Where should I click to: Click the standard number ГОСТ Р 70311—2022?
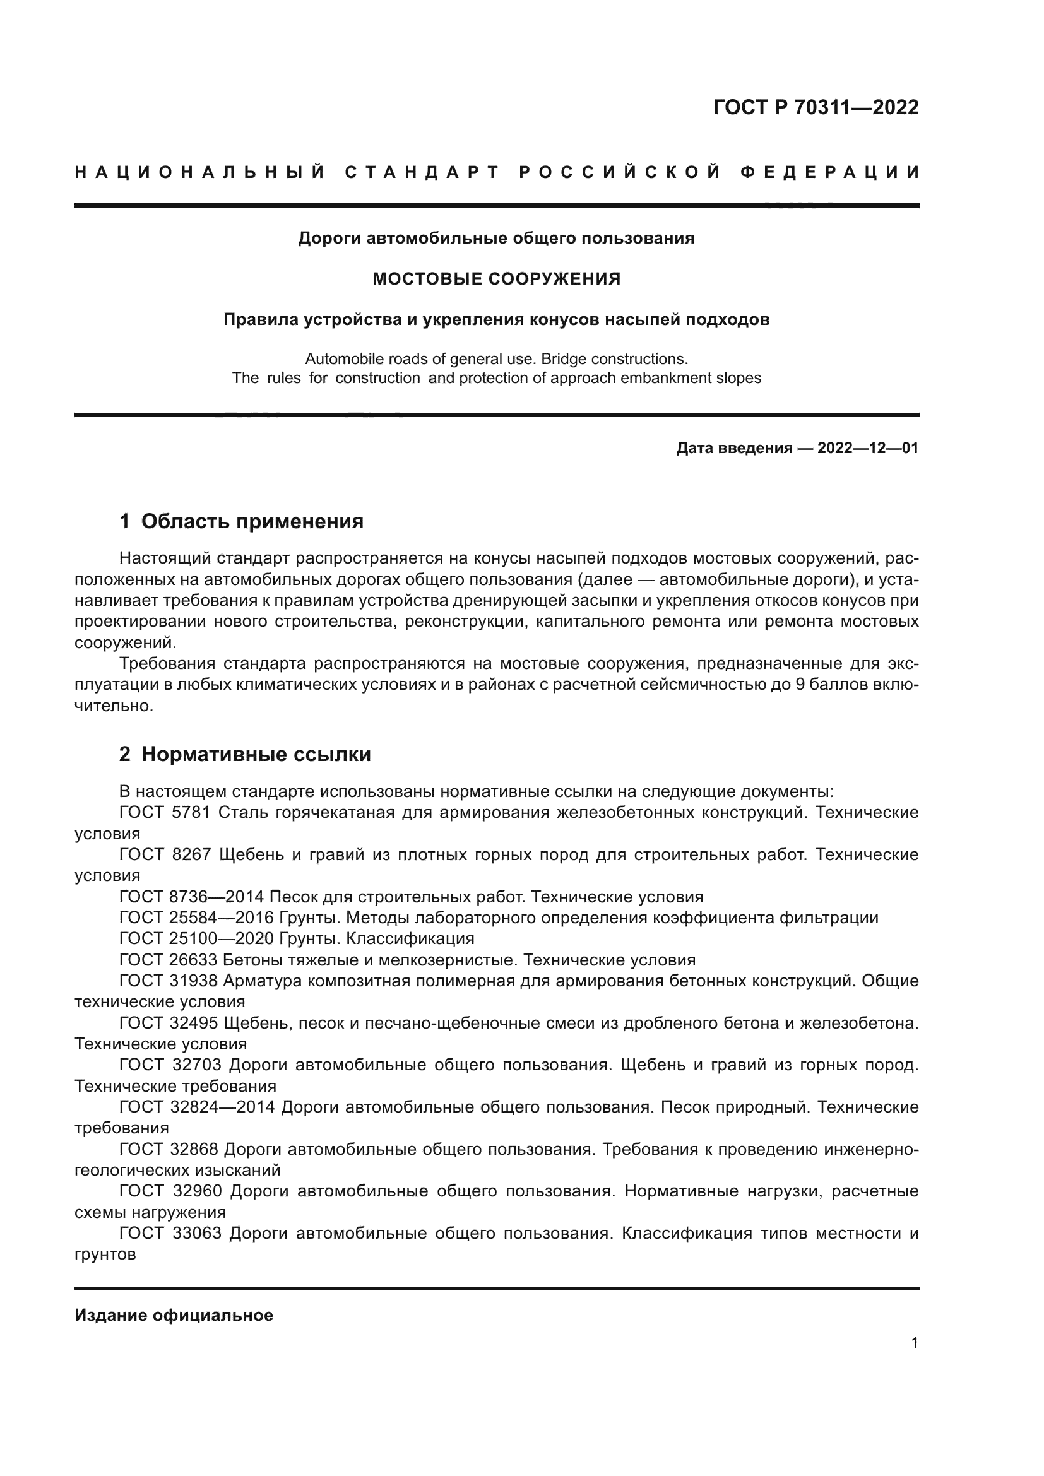(815, 107)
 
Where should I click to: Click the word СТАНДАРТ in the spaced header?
(422, 172)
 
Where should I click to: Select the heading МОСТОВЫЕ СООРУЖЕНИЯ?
(496, 279)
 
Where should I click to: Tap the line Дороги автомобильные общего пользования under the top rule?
(496, 239)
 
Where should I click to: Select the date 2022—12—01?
(868, 448)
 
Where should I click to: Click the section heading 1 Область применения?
(241, 521)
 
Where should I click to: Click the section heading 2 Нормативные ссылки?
(245, 754)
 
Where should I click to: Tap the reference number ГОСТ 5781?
(165, 813)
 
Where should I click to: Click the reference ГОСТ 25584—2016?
(196, 918)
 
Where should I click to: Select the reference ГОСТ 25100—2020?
(196, 938)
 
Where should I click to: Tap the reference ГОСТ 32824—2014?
(198, 1107)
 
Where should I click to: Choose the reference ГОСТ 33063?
(170, 1234)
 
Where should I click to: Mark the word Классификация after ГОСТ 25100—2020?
(410, 938)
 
